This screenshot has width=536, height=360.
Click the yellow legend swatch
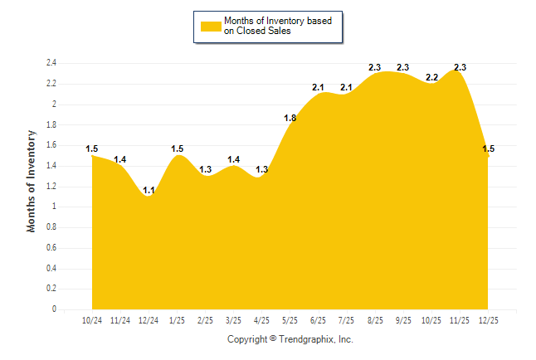(210, 26)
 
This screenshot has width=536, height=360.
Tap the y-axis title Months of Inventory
(32, 180)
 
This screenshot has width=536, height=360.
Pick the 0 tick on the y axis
(54, 309)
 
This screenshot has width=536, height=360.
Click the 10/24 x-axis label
(92, 320)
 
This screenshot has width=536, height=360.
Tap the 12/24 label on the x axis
(149, 320)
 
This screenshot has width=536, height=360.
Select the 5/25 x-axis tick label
(290, 320)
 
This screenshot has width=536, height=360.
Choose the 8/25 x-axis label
(374, 320)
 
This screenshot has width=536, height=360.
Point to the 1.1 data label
(149, 190)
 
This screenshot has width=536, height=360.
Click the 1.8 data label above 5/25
(290, 118)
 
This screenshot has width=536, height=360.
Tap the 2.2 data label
(431, 77)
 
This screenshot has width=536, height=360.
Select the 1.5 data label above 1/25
(177, 149)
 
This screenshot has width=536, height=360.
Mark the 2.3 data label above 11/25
(460, 67)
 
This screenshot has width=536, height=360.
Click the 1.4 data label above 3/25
(233, 159)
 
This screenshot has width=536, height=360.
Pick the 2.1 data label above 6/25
(318, 87)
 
